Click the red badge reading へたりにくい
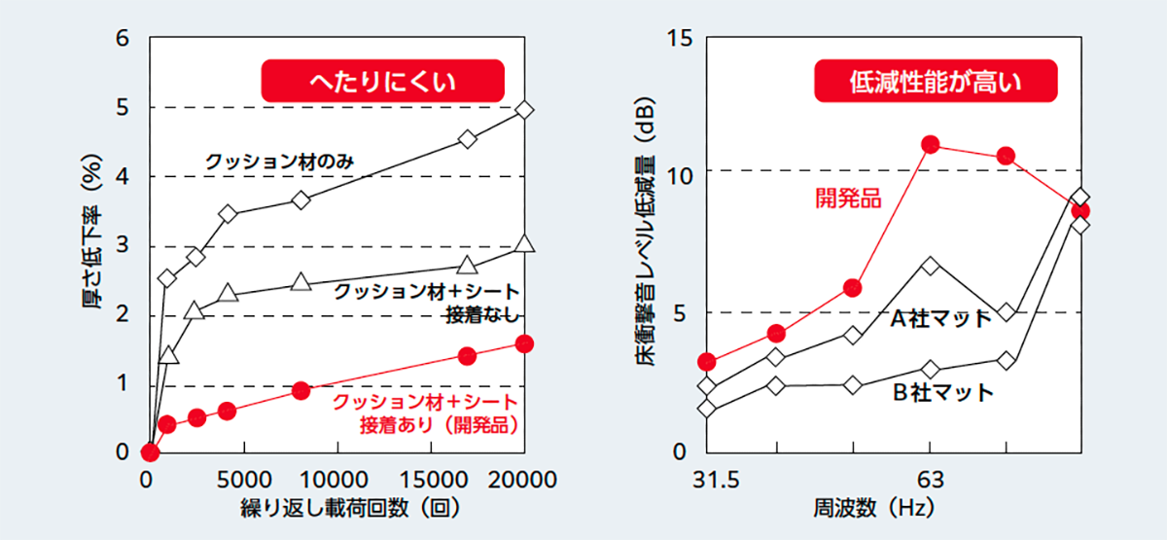point(381,82)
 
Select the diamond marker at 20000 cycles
point(525,110)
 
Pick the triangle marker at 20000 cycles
point(525,243)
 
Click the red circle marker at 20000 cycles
point(525,343)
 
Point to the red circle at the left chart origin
point(150,452)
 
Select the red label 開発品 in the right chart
point(847,199)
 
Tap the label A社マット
point(941,318)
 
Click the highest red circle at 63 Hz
point(931,145)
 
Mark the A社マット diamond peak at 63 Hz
point(931,266)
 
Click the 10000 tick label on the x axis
point(336,480)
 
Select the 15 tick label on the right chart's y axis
point(678,39)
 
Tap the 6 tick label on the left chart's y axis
point(123,39)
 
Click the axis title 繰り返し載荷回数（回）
point(336,509)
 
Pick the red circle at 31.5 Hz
point(707,362)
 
